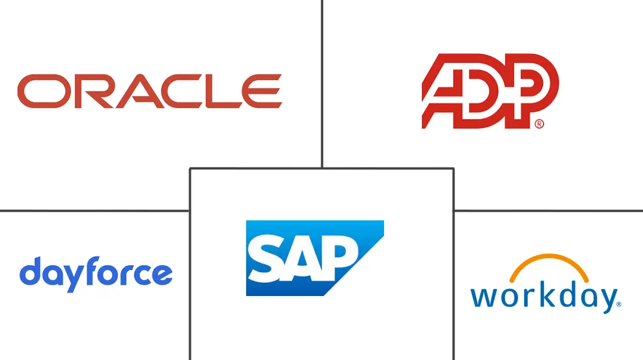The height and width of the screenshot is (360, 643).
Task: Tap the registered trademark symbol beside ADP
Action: click(539, 123)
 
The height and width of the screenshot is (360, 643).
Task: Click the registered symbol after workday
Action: click(619, 304)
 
